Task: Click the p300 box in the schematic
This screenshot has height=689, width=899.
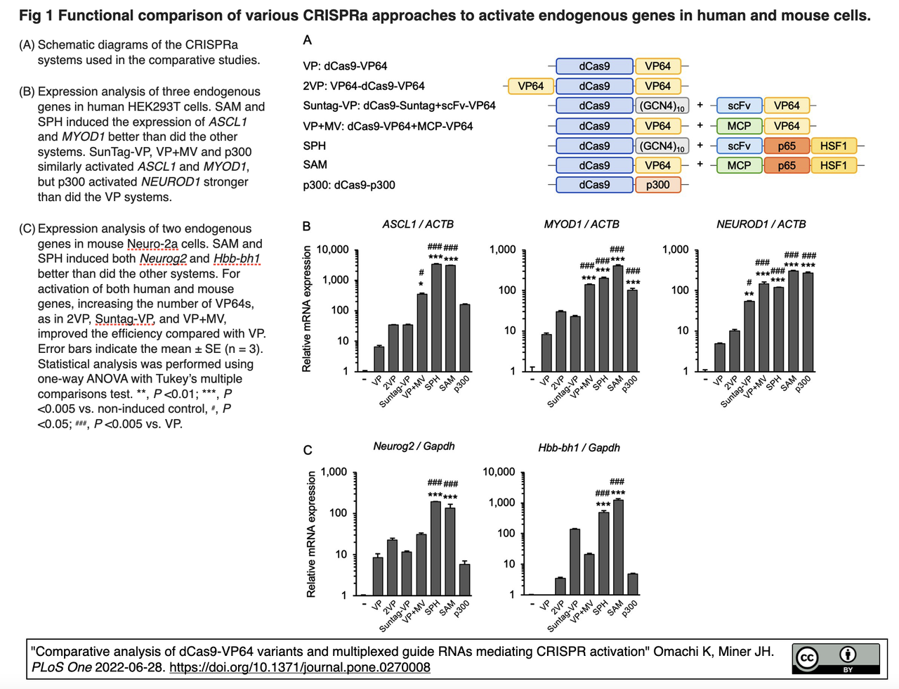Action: coord(657,185)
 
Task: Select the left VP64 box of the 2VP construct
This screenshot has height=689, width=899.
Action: coord(530,86)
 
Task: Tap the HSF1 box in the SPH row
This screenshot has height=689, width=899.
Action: coord(834,146)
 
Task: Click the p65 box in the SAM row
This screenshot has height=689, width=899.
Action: coord(787,166)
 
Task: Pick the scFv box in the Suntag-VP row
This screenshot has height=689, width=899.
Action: coord(739,106)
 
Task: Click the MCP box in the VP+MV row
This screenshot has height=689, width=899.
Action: coord(739,127)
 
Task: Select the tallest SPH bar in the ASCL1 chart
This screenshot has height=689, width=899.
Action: coord(436,317)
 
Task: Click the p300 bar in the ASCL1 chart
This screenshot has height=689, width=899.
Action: coord(465,337)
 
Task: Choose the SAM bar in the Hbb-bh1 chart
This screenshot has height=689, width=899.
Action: coord(618,547)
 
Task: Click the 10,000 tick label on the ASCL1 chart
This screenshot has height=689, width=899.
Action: coord(333,250)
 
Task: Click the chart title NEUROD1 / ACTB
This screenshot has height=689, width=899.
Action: coord(761,224)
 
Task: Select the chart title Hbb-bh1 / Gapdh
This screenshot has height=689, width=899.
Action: coord(579,448)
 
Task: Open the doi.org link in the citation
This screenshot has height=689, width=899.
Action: coord(299,667)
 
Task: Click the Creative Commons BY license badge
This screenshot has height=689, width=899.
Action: coord(836,658)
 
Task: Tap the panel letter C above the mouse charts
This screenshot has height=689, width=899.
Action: coord(308,450)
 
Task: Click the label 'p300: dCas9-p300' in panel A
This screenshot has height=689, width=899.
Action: coord(349,186)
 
